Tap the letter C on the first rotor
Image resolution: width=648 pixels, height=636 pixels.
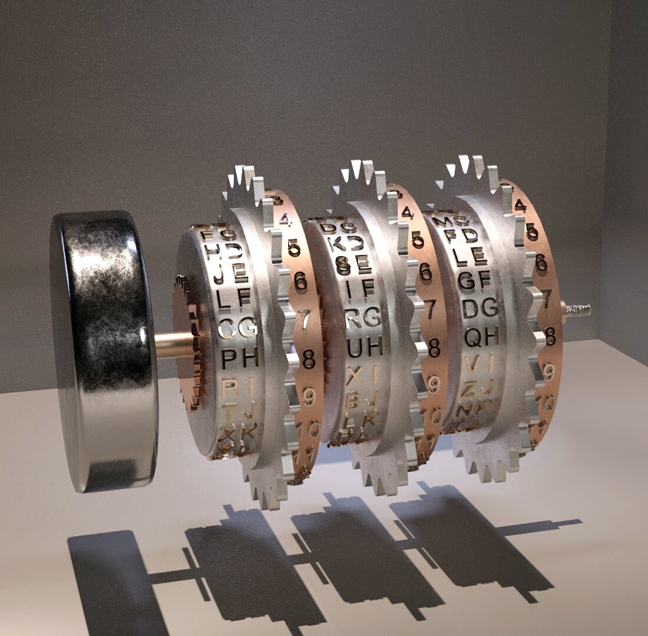[227, 327]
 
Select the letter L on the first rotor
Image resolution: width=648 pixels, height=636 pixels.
[224, 299]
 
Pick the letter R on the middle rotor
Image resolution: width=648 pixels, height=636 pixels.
[353, 319]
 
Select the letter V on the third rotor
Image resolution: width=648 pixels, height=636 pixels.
[471, 364]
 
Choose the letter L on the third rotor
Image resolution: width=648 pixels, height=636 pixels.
[461, 256]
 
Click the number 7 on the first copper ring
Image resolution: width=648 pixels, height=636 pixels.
[304, 319]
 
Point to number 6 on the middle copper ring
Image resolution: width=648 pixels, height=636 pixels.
[425, 271]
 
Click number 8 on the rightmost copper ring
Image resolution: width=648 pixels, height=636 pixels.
[550, 336]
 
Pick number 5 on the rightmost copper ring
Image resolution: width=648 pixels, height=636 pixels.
[532, 232]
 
